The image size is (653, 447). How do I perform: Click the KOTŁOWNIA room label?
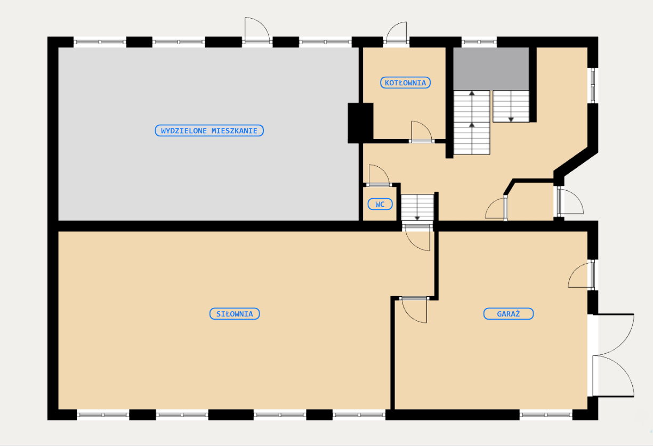pos(405,83)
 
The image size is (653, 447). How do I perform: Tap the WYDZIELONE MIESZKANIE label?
pos(209,131)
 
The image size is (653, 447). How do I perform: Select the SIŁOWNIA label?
pos(235,314)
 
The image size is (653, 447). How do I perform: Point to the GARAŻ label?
pos(509,314)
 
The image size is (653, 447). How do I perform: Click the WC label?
pos(380,204)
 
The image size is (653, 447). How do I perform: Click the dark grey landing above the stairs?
pos(491,69)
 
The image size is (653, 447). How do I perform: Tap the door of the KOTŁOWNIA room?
pos(422,132)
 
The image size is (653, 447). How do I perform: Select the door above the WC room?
pos(379,175)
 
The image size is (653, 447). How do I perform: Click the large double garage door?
pos(611,355)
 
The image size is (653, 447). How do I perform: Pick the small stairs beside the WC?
pos(417,207)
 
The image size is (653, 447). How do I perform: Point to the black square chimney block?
pos(360,123)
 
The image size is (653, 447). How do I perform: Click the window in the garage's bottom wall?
pos(546,415)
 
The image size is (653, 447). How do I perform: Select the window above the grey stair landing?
pos(479,42)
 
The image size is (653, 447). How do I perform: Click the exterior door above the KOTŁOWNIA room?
pos(396,33)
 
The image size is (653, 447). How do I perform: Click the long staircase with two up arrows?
pos(472,123)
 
